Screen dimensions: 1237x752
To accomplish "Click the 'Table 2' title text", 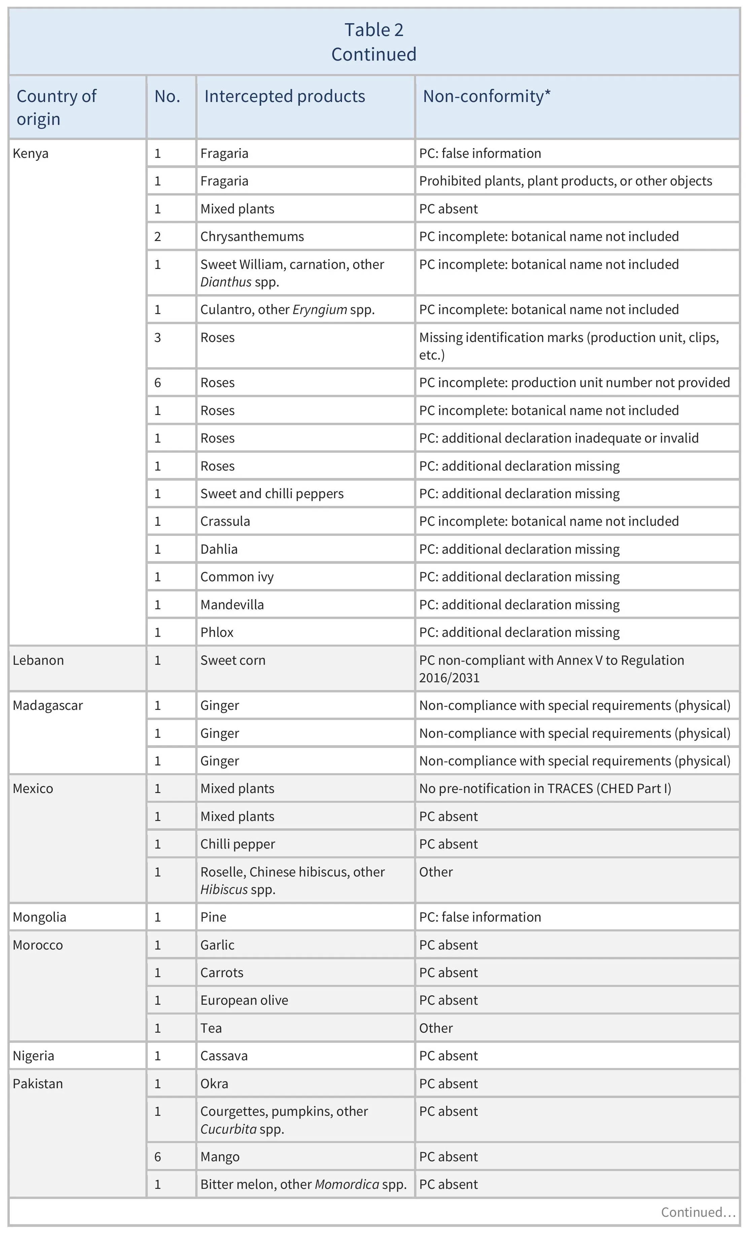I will (374, 30).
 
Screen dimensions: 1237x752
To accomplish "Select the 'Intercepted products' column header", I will (285, 96).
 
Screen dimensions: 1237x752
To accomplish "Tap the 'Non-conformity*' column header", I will (486, 96).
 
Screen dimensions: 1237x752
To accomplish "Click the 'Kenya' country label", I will (31, 153).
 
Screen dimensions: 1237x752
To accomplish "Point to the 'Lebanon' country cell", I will (38, 660).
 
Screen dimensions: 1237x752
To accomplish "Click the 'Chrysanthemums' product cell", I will (252, 236).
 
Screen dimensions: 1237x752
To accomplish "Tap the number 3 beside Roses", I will (158, 337).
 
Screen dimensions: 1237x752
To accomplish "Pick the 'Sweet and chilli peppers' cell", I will (272, 493).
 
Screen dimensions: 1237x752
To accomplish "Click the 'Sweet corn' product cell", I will (233, 660).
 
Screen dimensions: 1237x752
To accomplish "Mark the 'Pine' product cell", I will (213, 917).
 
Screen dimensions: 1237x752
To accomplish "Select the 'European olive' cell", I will (244, 1000).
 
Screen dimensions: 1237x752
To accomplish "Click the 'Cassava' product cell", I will (224, 1056).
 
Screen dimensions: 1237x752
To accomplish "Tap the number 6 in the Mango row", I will (158, 1157).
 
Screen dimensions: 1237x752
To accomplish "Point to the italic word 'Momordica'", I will (347, 1184).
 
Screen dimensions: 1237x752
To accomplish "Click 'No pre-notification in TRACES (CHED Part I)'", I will (545, 789).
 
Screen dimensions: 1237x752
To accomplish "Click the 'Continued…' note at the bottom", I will (698, 1212).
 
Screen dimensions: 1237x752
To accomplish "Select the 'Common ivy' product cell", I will (237, 577).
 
